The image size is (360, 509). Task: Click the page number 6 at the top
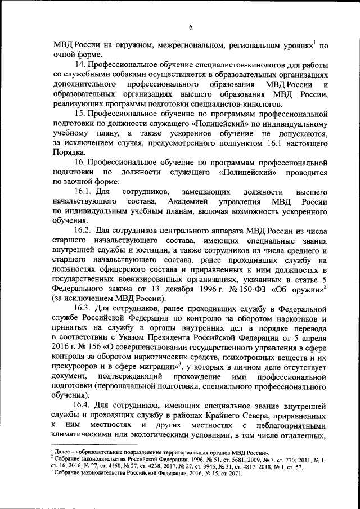point(191,27)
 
